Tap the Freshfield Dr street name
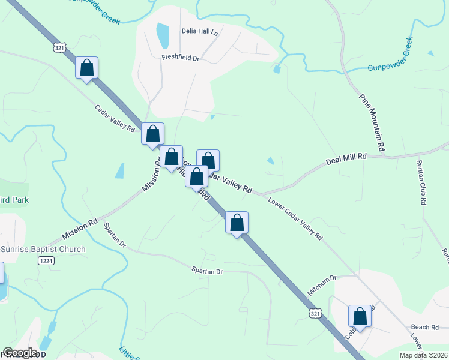click(x=180, y=58)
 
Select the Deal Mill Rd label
click(x=346, y=160)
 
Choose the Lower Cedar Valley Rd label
click(x=295, y=219)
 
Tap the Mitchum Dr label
click(x=323, y=278)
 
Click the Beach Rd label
click(x=426, y=327)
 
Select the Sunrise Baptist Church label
click(x=43, y=249)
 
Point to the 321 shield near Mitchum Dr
click(x=315, y=313)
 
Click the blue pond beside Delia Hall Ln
click(x=162, y=36)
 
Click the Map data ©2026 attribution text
click(x=424, y=355)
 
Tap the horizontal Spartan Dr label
click(x=207, y=272)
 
